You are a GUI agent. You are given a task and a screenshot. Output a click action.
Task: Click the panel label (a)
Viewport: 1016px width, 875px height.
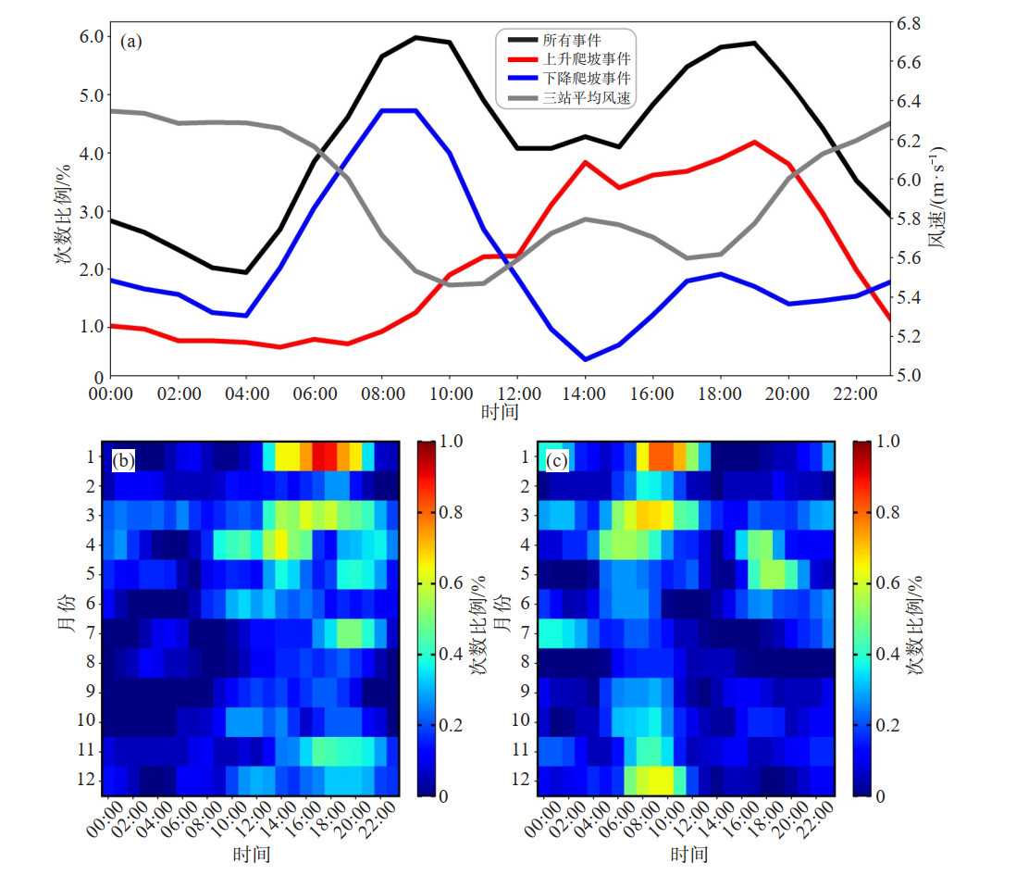[x=131, y=41]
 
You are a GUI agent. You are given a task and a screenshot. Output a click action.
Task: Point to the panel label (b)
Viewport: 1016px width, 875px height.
[x=124, y=458]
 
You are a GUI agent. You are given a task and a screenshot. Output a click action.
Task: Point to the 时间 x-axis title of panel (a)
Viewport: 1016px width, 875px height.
[x=500, y=410]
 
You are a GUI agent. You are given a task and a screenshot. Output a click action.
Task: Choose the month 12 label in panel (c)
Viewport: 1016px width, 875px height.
[x=525, y=781]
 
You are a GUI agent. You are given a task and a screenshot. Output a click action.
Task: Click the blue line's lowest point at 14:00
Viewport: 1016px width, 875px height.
[x=585, y=359]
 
